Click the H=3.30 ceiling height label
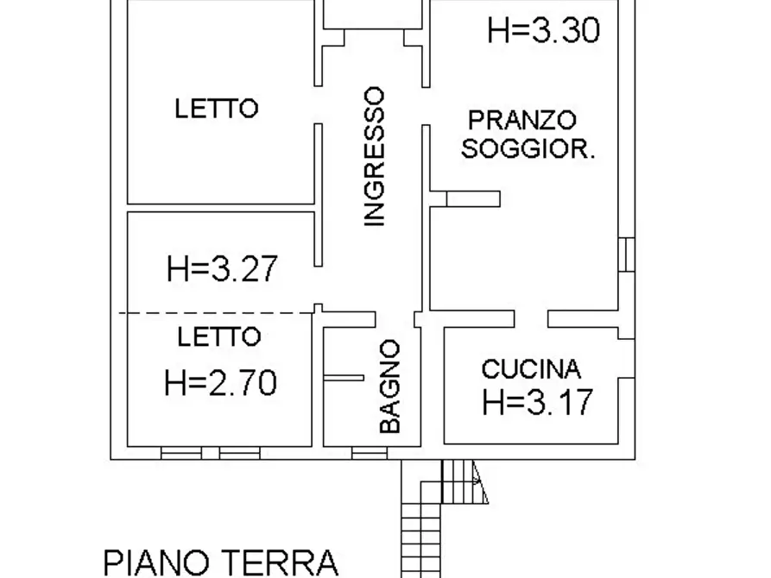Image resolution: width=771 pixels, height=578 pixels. [543, 31]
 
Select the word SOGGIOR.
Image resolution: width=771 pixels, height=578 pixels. [528, 149]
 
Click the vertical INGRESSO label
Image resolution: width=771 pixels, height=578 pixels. [373, 156]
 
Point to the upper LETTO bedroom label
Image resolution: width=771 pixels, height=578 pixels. [217, 110]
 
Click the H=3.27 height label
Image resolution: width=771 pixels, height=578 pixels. [223, 268]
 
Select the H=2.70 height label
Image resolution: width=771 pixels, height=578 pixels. [221, 381]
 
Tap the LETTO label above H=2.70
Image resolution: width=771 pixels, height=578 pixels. [218, 337]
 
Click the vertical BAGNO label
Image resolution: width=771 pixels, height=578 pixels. [390, 386]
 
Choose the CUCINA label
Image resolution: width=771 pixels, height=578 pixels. [531, 370]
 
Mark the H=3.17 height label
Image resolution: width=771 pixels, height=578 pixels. [538, 401]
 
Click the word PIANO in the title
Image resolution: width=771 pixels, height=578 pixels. [161, 562]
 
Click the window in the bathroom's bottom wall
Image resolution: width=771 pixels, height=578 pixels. [369, 452]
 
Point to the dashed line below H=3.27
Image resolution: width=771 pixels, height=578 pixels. [216, 313]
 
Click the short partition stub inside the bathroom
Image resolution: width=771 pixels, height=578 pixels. [344, 377]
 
